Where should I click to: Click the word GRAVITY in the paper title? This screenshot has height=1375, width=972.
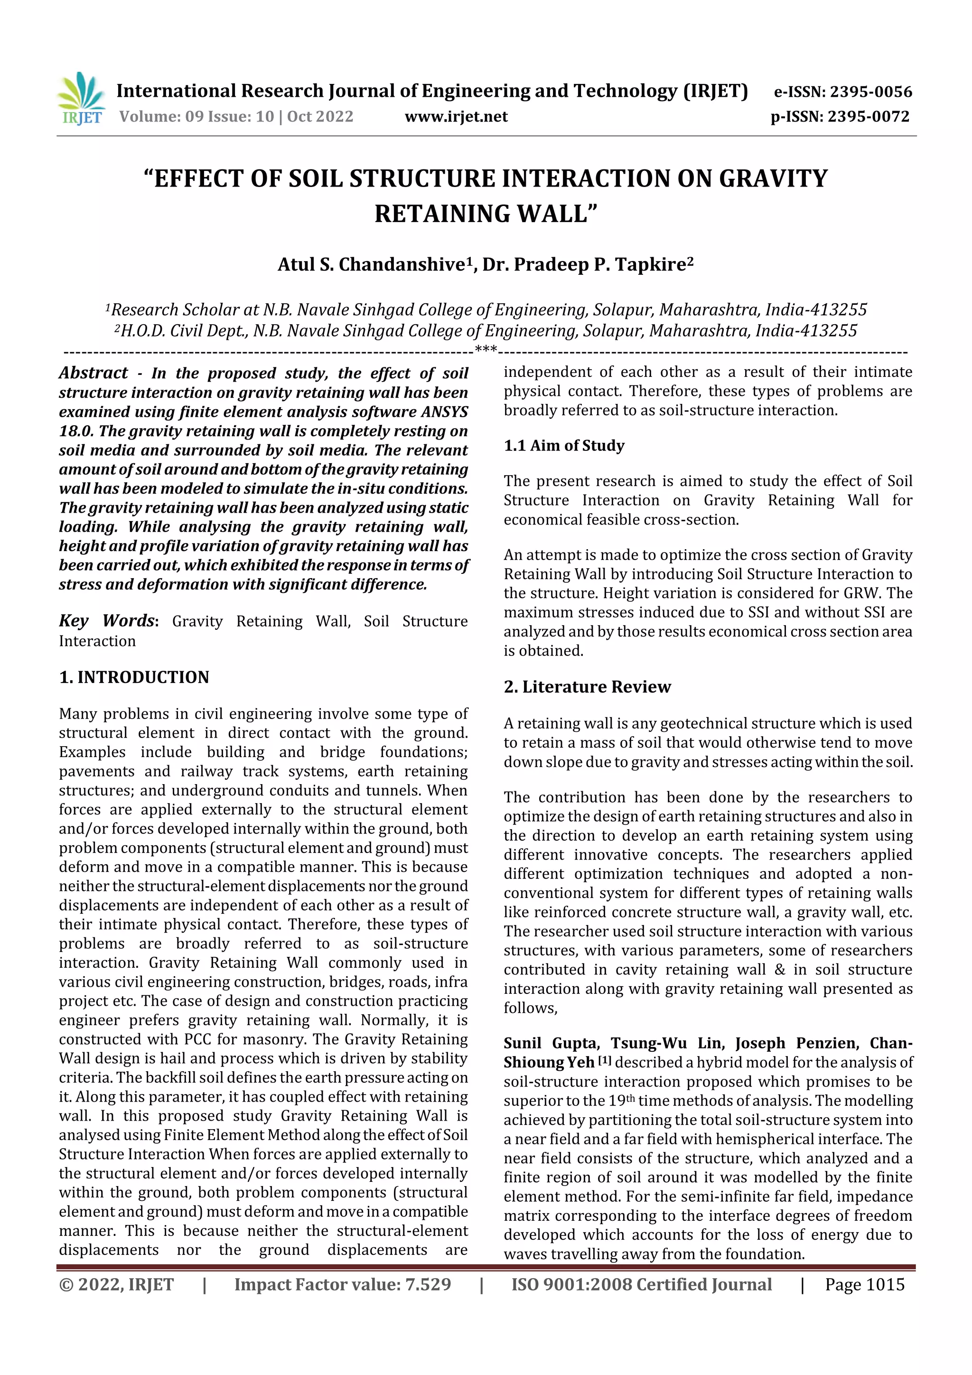click(x=773, y=178)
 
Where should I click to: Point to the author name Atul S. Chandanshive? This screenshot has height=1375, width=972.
click(x=371, y=264)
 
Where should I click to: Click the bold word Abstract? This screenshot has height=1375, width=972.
click(x=93, y=373)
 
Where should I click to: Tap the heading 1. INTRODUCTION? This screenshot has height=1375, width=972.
click(x=134, y=677)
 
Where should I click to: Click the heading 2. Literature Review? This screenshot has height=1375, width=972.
click(x=587, y=686)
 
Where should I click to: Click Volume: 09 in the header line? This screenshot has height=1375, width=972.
click(x=161, y=117)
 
